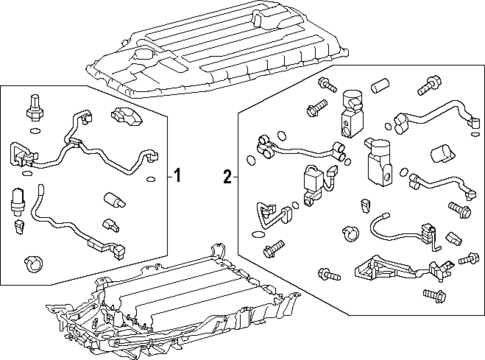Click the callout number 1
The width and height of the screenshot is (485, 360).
[178, 175]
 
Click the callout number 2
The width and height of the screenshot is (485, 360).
[227, 176]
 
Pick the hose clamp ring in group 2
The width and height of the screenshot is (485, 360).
[350, 233]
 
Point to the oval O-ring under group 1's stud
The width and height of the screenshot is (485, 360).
[34, 130]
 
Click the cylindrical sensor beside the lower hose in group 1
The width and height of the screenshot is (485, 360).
[18, 200]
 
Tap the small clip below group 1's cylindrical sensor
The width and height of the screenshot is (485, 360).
[20, 225]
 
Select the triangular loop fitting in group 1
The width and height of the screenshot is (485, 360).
[22, 154]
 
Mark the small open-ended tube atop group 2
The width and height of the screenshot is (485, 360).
[380, 86]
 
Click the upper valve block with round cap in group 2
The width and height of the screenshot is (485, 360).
[352, 112]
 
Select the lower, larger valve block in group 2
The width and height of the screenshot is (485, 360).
[379, 161]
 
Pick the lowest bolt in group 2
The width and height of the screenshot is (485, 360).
[435, 294]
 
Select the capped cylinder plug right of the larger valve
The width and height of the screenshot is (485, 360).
[442, 155]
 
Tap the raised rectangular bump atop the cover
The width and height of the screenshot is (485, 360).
[267, 18]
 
